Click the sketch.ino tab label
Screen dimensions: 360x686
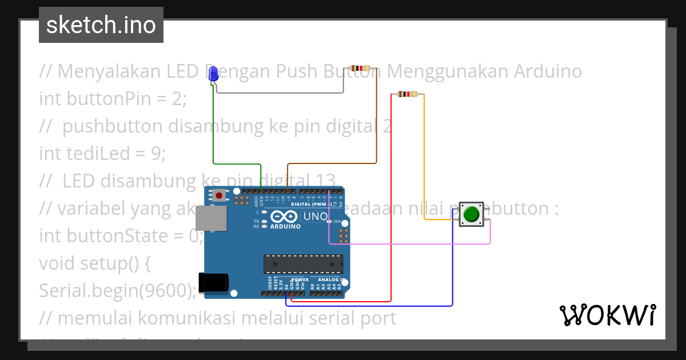click(x=101, y=25)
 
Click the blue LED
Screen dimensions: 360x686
click(x=214, y=74)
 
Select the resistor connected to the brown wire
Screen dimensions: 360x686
click(x=360, y=69)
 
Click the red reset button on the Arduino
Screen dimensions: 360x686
click(x=219, y=196)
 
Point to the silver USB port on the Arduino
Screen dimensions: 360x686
click(x=210, y=218)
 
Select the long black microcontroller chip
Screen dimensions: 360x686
click(x=303, y=264)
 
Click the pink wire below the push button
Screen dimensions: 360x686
click(x=412, y=244)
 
